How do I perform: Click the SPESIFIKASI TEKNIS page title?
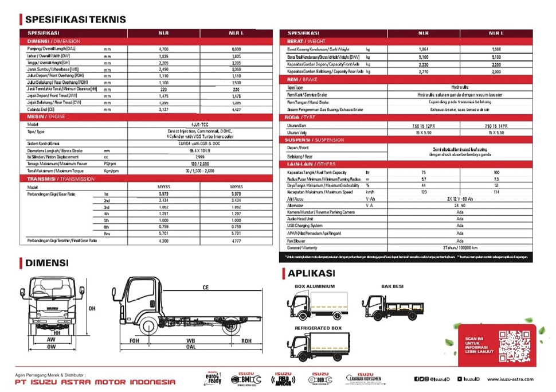coord(75,19)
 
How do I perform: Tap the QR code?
coord(514,346)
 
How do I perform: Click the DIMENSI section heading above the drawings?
coord(46,263)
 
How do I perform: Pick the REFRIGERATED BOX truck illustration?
coord(317,346)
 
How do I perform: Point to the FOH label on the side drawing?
coord(134,340)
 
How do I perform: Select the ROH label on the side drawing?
coord(246,340)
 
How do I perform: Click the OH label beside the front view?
coord(92,308)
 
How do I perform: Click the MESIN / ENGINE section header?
coord(46,117)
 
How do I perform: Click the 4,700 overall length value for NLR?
coord(163,50)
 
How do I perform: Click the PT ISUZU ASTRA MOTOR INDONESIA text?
coord(95,382)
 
